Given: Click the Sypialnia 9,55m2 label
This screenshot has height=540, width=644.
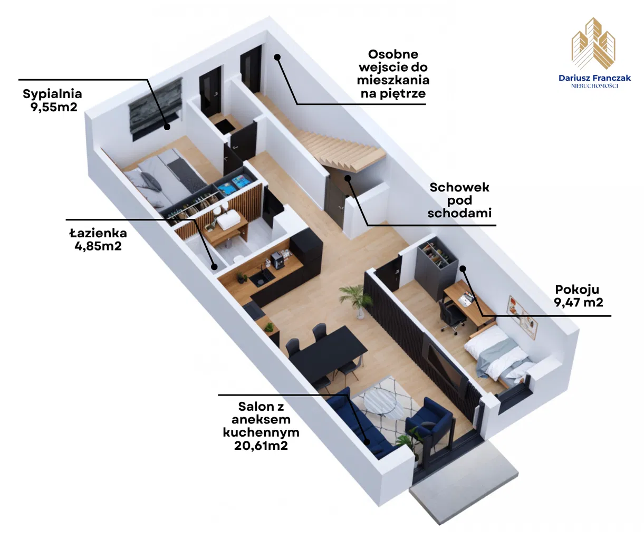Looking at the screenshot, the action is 53,100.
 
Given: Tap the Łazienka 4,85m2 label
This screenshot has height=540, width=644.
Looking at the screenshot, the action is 98,239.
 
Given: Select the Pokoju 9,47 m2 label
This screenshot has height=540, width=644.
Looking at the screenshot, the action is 578,296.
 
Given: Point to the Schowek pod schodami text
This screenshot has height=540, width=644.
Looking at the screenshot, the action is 459,200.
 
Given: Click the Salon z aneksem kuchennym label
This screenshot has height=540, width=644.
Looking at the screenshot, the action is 261,426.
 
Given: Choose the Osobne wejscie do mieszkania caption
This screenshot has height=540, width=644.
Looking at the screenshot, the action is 393,74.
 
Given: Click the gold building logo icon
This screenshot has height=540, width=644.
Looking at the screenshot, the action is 593,43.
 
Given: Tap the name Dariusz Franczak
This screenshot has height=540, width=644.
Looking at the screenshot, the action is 594,78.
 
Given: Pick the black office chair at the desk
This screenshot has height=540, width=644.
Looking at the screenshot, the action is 451,317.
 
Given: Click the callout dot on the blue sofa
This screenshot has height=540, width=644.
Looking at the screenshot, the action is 367,442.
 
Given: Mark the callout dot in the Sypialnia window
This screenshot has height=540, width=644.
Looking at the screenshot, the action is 167,127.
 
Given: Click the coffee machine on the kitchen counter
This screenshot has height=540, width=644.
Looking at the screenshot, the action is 277,260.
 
